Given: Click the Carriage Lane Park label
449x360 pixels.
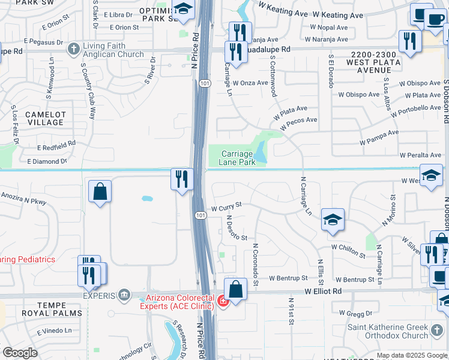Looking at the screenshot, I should pos(237,158).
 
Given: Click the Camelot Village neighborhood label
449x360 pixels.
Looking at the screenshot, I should pos(44,118).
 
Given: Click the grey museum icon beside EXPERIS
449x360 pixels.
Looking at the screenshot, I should pos(124,295).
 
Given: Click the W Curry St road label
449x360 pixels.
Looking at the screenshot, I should pos(226,205).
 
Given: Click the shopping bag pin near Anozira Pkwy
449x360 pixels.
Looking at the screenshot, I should pos(100,191).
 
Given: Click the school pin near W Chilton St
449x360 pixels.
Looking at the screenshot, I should pos(332,220).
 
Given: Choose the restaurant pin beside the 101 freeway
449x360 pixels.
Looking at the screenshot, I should pos(181,178).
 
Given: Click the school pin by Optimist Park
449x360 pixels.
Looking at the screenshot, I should pos(184,9).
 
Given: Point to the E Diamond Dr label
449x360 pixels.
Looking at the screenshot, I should pos(46,161).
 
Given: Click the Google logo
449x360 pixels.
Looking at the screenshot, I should pos(20,353).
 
